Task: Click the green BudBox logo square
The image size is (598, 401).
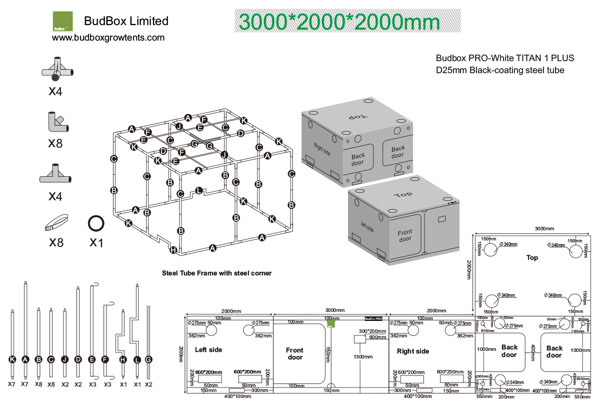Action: tap(63, 22)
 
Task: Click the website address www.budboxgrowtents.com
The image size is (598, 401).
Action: tap(108, 38)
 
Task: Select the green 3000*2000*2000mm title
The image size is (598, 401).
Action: tap(339, 22)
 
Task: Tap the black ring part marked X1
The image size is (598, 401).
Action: tap(96, 223)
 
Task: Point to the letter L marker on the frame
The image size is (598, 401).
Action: tap(199, 191)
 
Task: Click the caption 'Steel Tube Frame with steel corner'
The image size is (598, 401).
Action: tap(216, 273)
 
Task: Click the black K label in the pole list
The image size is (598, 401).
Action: tap(12, 359)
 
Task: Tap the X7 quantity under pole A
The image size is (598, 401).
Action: tap(25, 384)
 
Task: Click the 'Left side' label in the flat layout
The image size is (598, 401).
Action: tap(208, 350)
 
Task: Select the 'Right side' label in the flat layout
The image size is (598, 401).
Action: tap(412, 351)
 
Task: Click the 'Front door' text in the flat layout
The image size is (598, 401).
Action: tap(294, 353)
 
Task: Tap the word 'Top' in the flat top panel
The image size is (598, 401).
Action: tap(532, 258)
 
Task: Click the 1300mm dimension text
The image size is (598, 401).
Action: tap(361, 357)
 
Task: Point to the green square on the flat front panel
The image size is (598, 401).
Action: tap(330, 324)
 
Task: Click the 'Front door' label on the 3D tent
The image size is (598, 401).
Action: tap(405, 236)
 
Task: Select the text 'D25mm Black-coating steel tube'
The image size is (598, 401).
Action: tap(500, 70)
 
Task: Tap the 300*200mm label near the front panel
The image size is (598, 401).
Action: tap(372, 331)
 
